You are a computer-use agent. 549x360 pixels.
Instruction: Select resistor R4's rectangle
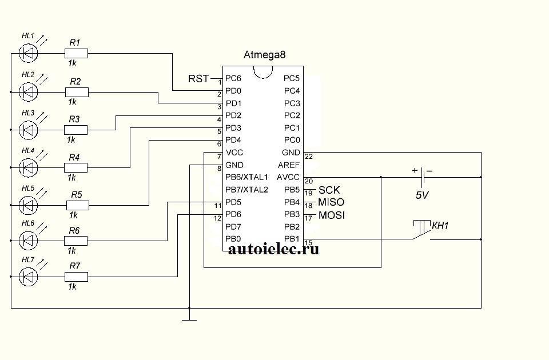pos(77,167)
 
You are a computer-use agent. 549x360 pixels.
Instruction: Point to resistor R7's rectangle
pos(77,277)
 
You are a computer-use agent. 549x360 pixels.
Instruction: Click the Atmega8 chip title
pos(264,55)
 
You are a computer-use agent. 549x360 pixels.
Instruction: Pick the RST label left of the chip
pos(198,78)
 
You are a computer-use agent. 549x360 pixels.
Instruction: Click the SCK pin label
pos(329,190)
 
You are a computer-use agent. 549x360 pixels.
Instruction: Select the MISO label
pos(331,202)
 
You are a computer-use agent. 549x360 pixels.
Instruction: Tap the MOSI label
pos(331,215)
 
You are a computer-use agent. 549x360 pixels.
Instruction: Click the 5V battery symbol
pos(422,177)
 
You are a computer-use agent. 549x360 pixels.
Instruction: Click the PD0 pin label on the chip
pos(233,91)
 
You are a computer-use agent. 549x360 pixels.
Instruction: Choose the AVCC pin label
pos(288,177)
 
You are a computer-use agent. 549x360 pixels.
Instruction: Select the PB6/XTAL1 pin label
pos(246,177)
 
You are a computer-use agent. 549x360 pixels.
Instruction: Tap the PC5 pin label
pos(292,78)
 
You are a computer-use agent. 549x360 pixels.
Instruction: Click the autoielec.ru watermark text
pos(273,249)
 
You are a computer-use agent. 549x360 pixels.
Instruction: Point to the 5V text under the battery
pos(422,195)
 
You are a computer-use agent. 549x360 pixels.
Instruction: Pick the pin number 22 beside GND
pos(309,156)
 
